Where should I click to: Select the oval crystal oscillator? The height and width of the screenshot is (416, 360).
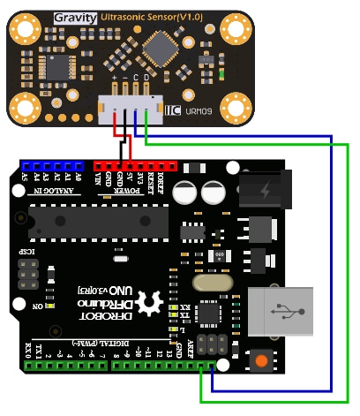coord(214,283)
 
